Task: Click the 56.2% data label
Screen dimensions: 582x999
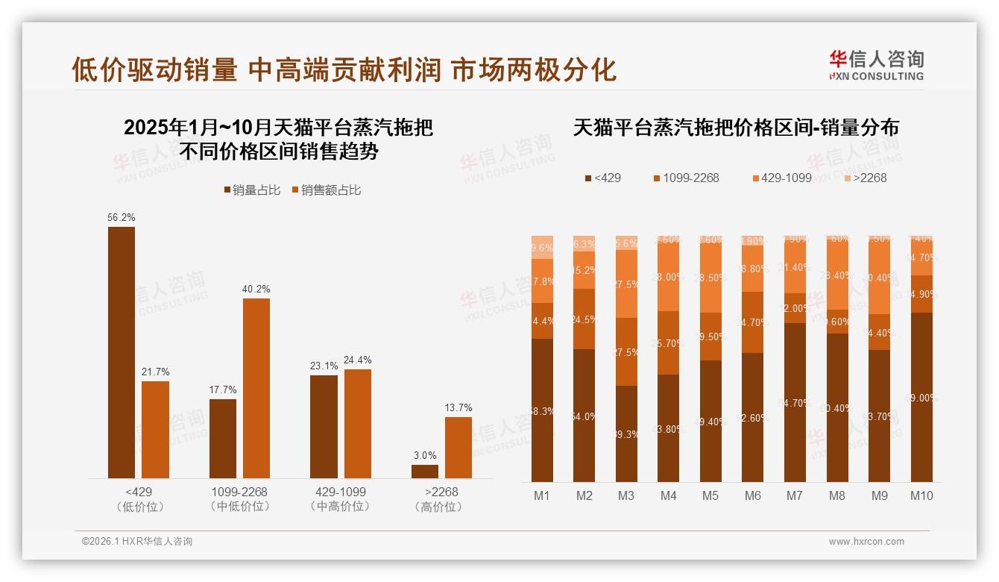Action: point(122,217)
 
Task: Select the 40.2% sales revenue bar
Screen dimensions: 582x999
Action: point(256,388)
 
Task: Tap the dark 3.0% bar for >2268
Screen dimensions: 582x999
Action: point(425,472)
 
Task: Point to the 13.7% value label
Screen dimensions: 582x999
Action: point(458,407)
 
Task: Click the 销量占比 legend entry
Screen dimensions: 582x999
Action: point(252,190)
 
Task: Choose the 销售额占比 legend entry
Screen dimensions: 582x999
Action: point(327,190)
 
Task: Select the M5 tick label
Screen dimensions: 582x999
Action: point(710,495)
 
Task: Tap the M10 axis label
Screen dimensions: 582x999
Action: point(921,495)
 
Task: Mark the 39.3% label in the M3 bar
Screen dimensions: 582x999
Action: point(626,434)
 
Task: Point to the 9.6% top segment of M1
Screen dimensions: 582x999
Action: point(542,248)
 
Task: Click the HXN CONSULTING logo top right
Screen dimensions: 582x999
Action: point(876,65)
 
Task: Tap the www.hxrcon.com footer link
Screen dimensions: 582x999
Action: point(866,542)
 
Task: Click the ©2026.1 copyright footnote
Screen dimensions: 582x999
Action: point(137,542)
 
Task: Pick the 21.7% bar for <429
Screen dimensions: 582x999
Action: point(155,430)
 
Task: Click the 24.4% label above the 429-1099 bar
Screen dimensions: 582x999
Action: point(358,360)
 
